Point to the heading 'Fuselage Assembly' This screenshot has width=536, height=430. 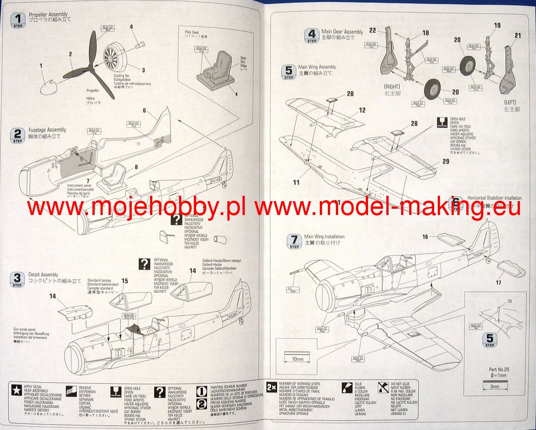tap(47, 130)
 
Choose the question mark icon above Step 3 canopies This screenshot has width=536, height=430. tap(144, 263)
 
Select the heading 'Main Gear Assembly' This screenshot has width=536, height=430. tap(342, 32)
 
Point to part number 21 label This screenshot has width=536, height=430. tap(518, 36)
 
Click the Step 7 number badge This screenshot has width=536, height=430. tap(294, 240)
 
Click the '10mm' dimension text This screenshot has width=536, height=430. tap(297, 359)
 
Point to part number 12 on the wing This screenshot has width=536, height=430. tap(362, 110)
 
